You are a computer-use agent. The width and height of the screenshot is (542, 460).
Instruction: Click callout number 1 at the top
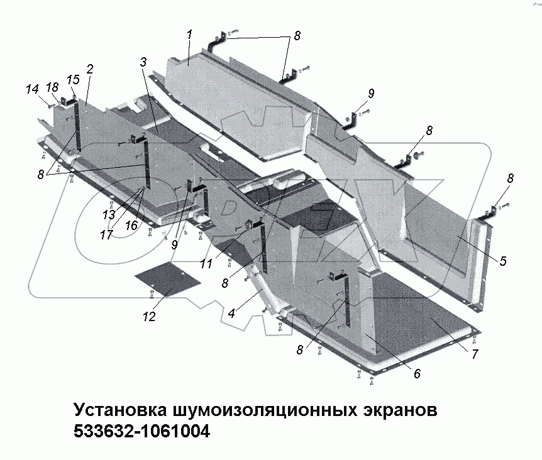click(x=189, y=35)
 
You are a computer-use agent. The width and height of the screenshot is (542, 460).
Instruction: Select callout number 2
click(x=90, y=68)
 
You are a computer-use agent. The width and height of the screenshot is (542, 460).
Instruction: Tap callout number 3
click(x=143, y=62)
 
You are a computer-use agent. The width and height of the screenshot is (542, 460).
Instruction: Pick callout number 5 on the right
click(x=502, y=260)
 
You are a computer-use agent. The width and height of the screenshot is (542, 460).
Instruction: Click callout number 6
click(x=416, y=373)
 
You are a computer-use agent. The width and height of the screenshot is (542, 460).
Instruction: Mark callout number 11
click(x=206, y=265)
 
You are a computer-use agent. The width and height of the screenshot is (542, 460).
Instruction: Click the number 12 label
click(x=148, y=316)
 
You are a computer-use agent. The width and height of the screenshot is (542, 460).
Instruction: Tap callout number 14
click(x=32, y=90)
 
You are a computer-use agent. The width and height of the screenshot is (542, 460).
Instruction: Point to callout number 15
click(x=73, y=80)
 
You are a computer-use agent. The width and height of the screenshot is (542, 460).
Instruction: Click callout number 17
click(x=105, y=234)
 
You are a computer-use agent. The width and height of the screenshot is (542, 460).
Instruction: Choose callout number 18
click(x=52, y=87)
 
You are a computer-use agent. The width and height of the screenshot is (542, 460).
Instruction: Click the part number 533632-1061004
click(x=141, y=432)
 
